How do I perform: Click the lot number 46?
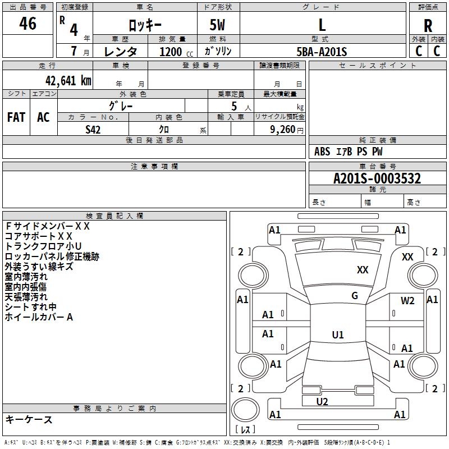click(28, 24)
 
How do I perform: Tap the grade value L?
click(322, 25)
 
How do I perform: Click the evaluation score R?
click(428, 26)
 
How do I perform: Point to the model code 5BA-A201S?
click(322, 52)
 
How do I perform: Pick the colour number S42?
click(93, 129)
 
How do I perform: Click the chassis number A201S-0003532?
click(377, 178)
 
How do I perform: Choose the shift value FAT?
click(16, 117)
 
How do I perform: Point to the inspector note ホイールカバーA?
click(39, 317)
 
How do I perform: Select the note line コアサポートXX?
click(39, 236)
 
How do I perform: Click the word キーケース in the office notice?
click(29, 420)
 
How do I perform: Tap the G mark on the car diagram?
click(355, 296)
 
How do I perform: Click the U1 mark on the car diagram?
click(338, 335)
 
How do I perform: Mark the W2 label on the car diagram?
click(407, 300)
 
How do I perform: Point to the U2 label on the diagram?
click(322, 401)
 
